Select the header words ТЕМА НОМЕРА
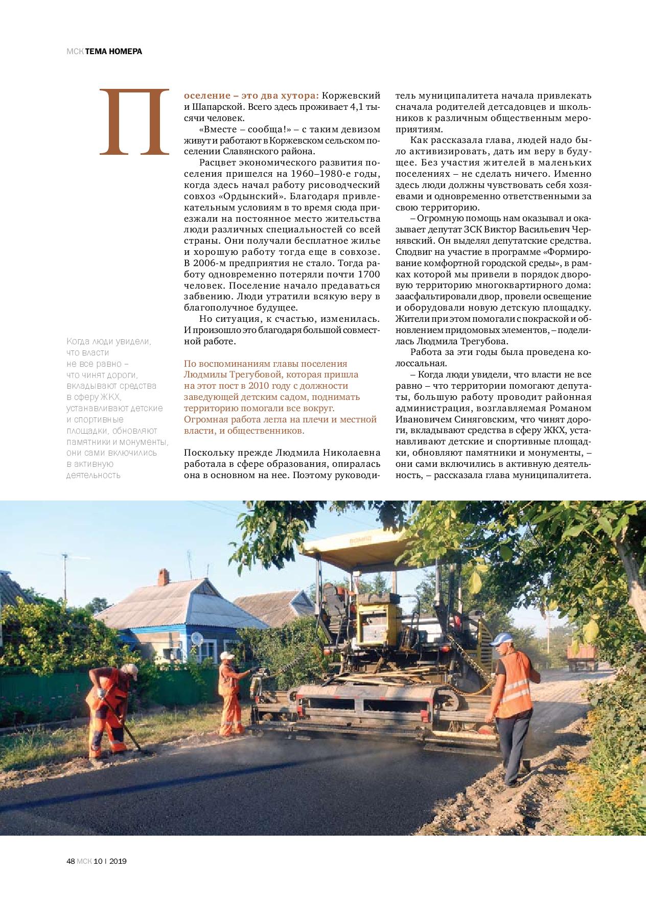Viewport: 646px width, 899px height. click(113, 51)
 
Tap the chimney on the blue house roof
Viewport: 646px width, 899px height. click(163, 577)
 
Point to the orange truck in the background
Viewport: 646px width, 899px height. click(583, 656)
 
